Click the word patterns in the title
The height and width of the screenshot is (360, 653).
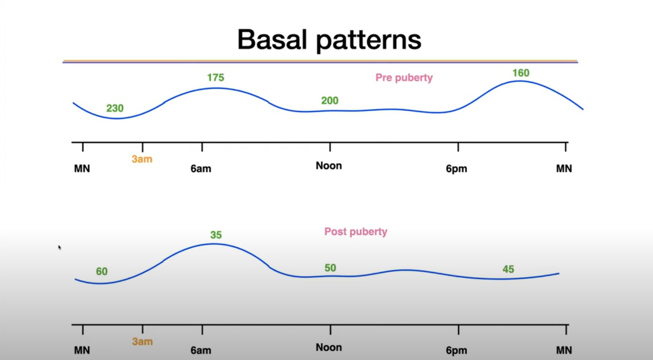tap(369, 41)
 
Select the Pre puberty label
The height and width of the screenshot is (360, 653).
tap(404, 78)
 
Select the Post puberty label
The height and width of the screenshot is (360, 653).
tap(355, 232)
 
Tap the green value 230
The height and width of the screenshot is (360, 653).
tap(115, 108)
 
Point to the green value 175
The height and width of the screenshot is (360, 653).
tap(216, 77)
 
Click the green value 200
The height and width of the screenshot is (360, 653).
tap(330, 101)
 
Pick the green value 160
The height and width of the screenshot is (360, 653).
tap(521, 73)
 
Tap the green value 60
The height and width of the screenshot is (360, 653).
tap(102, 271)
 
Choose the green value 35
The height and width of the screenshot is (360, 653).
tap(216, 235)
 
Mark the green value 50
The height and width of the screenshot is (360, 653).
tap(330, 268)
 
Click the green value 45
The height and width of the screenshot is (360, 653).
tap(508, 269)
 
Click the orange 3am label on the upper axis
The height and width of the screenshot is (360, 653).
tap(142, 159)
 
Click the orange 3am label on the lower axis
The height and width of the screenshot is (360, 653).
tap(142, 341)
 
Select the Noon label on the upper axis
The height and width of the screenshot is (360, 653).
tap(329, 166)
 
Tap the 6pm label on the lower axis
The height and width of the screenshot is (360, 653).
tap(456, 350)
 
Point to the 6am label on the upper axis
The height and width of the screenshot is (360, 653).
tap(201, 169)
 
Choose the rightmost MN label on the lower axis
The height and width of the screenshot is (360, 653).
tap(564, 350)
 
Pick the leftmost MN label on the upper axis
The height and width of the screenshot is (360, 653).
tap(82, 169)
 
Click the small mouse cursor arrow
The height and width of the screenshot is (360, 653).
tap(60, 247)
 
